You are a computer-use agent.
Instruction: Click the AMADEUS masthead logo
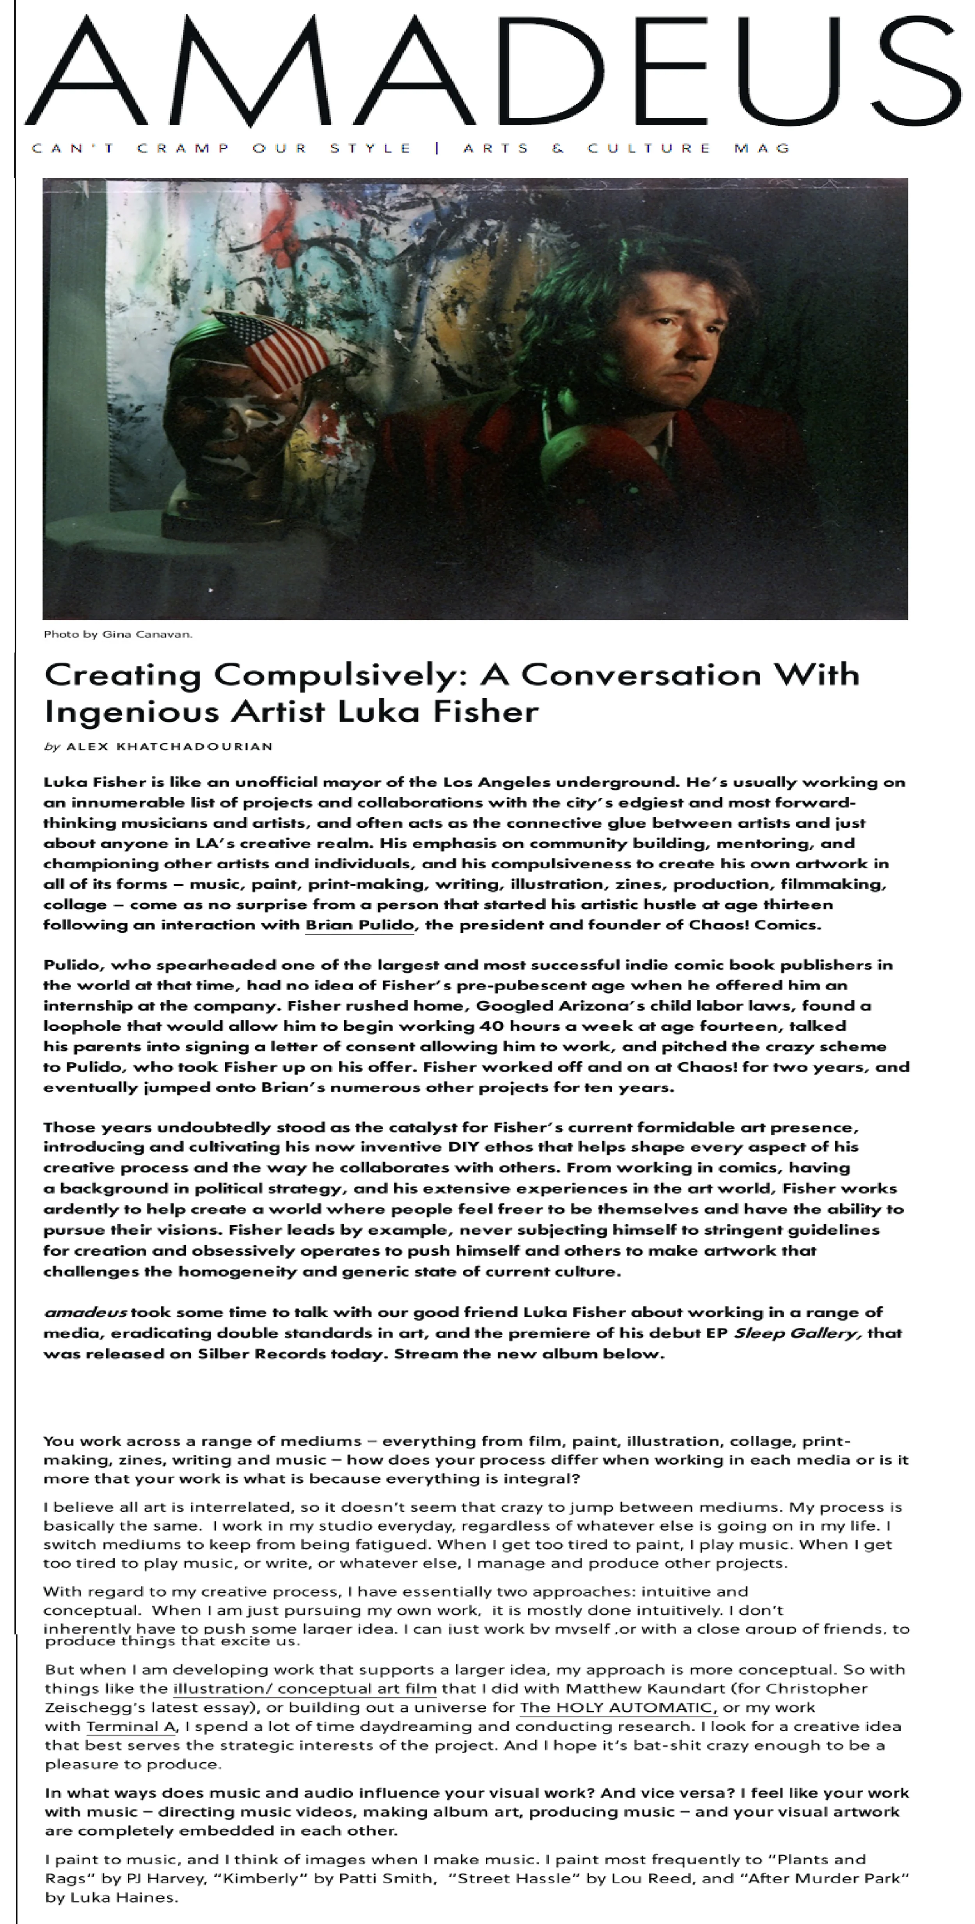click(x=493, y=71)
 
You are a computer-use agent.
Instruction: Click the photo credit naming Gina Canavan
click(x=118, y=634)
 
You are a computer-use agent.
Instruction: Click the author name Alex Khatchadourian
click(x=170, y=746)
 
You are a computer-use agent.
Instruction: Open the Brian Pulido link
click(x=359, y=925)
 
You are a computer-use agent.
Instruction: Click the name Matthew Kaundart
click(x=634, y=1688)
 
